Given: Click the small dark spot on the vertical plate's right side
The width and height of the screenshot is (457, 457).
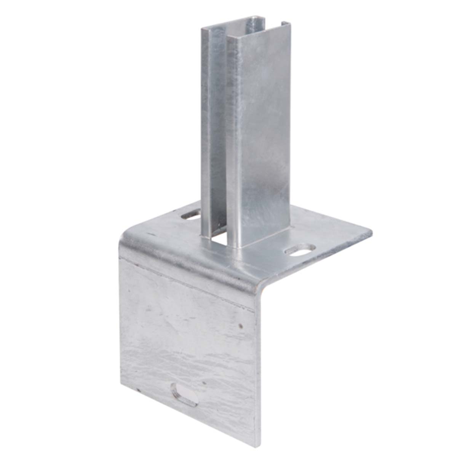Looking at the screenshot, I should [x=240, y=326].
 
